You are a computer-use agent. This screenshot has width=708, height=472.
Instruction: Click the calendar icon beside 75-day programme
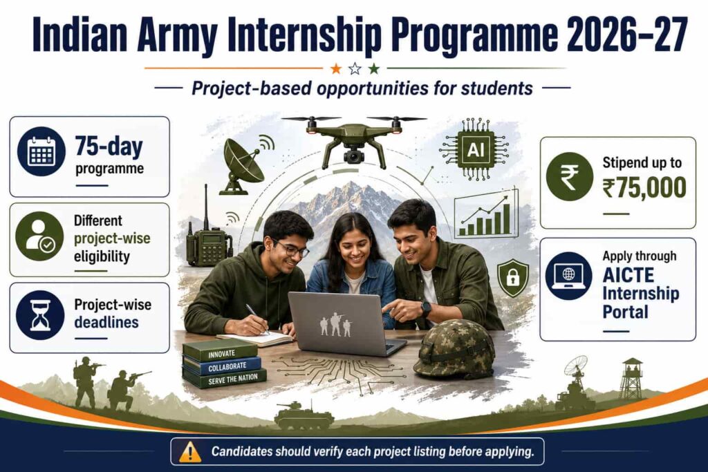pos(41,151)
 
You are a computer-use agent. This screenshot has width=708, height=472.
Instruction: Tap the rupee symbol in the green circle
pos(570,177)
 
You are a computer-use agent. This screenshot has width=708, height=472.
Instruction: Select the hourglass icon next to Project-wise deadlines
pos(40,315)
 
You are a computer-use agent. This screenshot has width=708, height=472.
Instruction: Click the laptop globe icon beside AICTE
pos(568,275)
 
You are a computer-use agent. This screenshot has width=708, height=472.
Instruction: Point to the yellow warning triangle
pos(190,452)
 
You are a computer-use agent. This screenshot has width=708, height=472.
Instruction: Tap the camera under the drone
pos(353,155)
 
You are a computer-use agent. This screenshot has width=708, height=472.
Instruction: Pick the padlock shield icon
pos(512,278)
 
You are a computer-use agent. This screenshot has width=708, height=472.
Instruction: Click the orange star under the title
pos(336,68)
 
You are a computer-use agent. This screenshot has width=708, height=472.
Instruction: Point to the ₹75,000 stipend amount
pos(644,187)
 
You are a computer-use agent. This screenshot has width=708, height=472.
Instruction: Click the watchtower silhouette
pos(631,378)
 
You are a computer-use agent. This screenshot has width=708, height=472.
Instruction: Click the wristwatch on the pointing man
pos(426,309)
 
